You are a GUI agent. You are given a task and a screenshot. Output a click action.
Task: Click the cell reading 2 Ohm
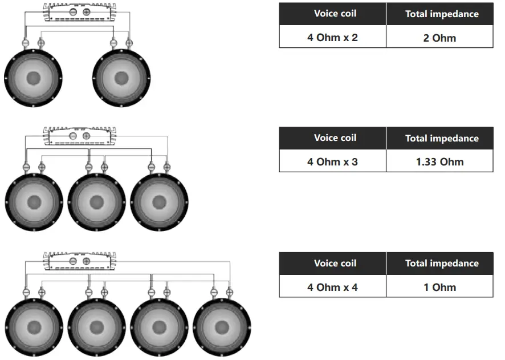[439, 38]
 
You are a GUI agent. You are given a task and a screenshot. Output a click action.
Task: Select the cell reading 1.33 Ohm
[439, 161]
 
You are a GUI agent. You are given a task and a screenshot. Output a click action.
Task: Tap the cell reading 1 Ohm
[439, 287]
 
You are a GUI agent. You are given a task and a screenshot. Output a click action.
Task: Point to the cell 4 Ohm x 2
[332, 38]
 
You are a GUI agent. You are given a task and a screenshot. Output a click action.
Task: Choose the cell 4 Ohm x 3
[332, 161]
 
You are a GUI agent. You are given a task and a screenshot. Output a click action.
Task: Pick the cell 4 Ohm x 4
[332, 287]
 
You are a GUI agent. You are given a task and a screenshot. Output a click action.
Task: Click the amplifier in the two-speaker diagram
[78, 11]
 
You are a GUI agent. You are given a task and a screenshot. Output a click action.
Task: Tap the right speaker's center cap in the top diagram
[121, 78]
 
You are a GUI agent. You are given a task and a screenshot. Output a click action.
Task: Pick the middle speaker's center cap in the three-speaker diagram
[96, 202]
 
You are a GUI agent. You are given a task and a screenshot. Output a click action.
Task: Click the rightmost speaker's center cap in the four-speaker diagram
[222, 327]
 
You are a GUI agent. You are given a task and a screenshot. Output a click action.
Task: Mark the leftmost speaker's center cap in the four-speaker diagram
[34, 327]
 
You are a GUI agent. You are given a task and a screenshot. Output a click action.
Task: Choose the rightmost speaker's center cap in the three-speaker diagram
[159, 202]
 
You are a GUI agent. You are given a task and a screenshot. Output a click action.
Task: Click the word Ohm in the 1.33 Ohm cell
[452, 161]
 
